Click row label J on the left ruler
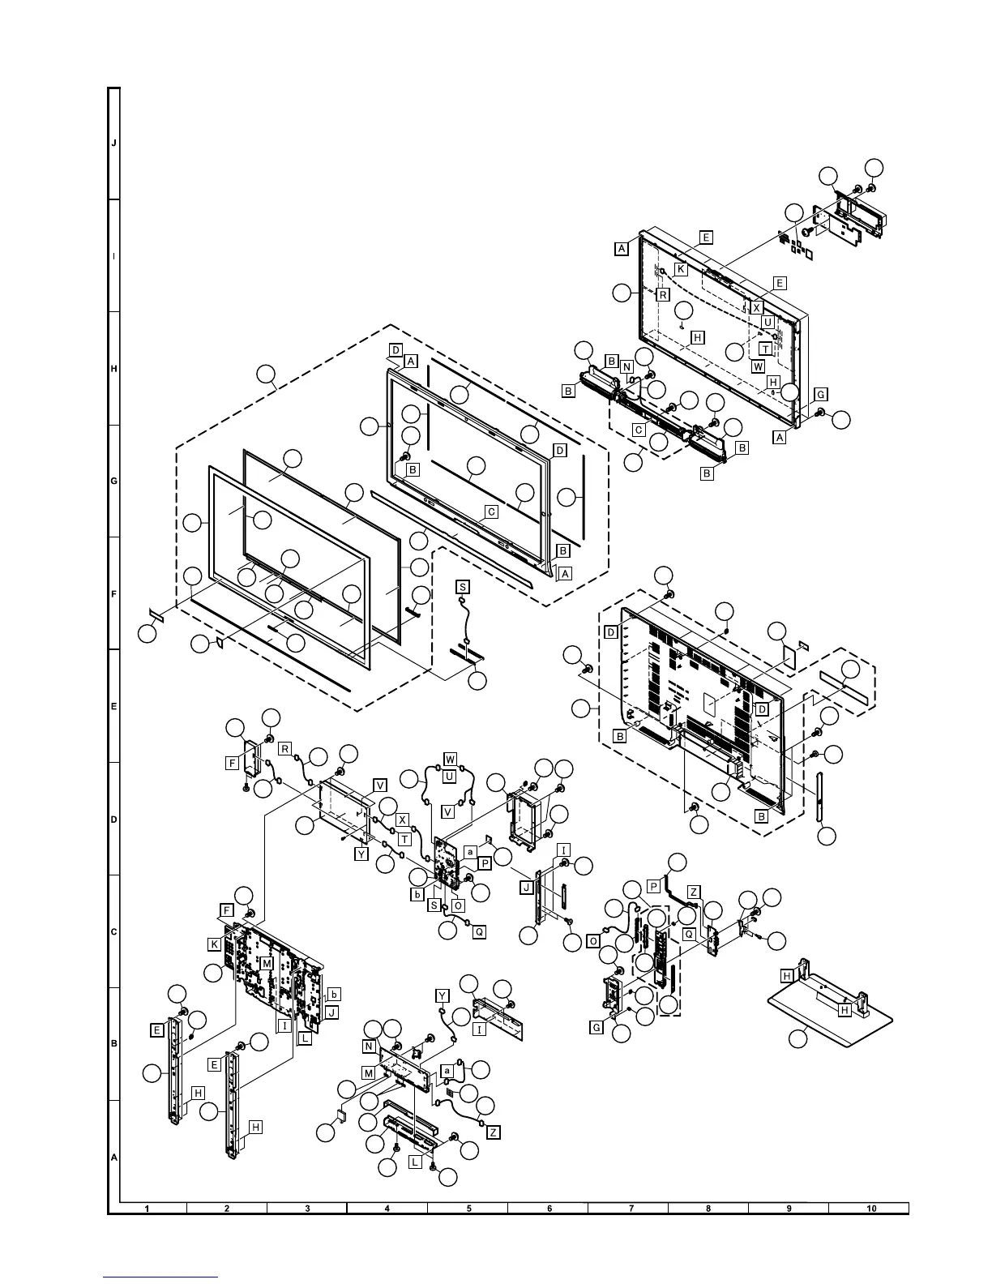coord(114,143)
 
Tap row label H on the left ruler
coord(114,369)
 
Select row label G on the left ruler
coord(114,481)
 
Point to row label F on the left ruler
coord(114,594)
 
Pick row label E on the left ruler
coord(114,707)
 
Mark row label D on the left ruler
coord(114,820)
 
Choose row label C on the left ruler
coord(114,932)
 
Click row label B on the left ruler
coord(114,1044)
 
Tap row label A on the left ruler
coord(114,1157)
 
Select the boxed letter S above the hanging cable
coord(462,586)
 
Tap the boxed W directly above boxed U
coord(450,760)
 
